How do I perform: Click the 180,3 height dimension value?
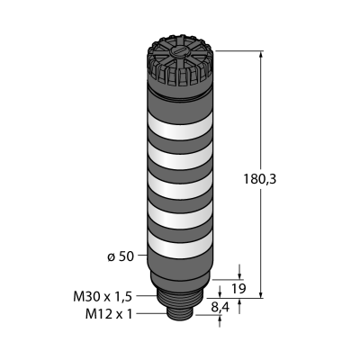coord(259,179)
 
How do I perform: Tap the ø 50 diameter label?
coord(121,256)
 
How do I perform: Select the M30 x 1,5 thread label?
coord(103,297)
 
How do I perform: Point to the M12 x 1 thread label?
coord(109,314)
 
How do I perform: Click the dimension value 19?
coord(238,289)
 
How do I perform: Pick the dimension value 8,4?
coord(219,307)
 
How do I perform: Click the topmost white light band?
coord(180,127)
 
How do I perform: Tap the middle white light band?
coord(180,186)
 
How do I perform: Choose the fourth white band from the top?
coord(180,216)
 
